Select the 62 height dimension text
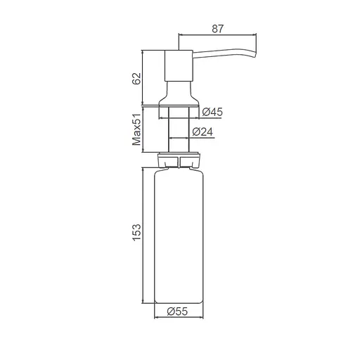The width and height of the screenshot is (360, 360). [136, 77]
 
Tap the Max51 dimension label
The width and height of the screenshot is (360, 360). [136, 130]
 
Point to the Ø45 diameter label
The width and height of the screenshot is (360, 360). [212, 112]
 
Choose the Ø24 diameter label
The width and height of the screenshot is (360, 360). [203, 131]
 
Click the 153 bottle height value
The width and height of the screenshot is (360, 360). [136, 232]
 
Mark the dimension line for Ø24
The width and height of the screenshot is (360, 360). [180, 138]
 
